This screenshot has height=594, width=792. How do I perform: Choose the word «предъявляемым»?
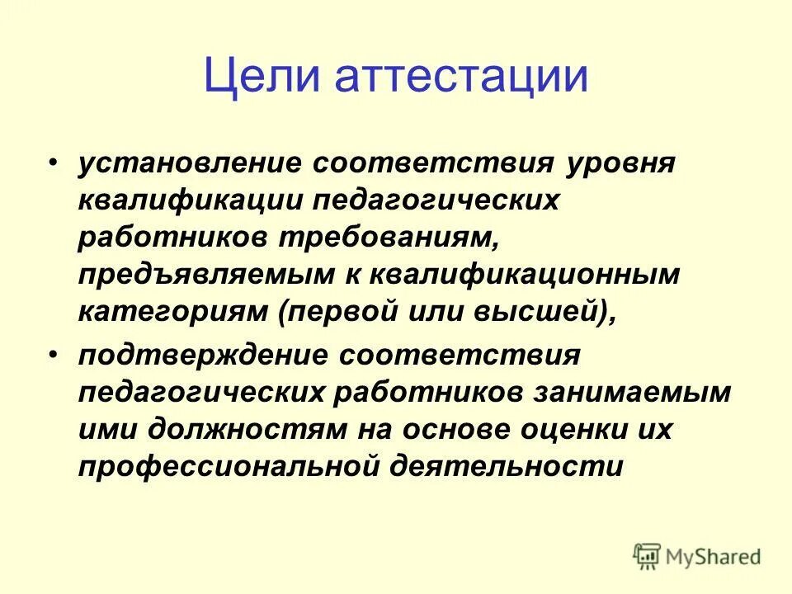(x=200, y=276)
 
